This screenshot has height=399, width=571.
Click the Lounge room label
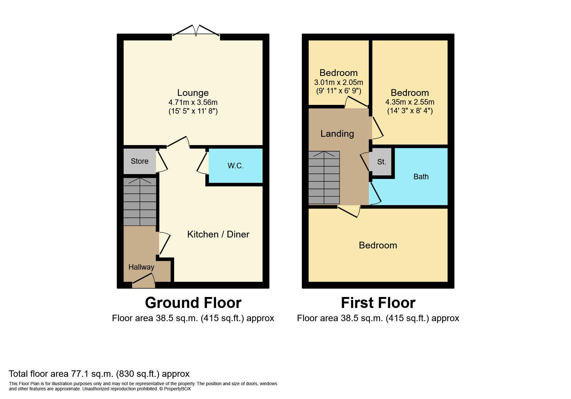[x=193, y=93]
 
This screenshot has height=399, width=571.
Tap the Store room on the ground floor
[x=140, y=161]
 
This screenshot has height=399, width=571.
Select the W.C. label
[x=235, y=166]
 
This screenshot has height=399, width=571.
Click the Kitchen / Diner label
[x=218, y=234]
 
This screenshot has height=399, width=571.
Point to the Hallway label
[x=141, y=267]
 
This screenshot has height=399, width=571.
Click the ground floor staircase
[x=140, y=201]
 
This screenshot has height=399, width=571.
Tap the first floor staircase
[x=324, y=177]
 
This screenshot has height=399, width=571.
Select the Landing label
[x=337, y=134]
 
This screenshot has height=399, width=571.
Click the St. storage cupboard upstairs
[x=381, y=162]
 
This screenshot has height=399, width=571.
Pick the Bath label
[x=421, y=177]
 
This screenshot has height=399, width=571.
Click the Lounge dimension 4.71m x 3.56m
[x=193, y=102]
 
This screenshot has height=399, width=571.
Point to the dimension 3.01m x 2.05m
[x=339, y=82]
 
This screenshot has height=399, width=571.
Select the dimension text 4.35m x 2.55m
[x=410, y=102]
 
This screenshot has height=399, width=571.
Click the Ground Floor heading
[x=193, y=303]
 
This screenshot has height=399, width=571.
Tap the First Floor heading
[x=378, y=303]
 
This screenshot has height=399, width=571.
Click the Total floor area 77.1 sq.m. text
[x=99, y=374]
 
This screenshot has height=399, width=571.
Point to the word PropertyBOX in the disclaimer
[x=177, y=389]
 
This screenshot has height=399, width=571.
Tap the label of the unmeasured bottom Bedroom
[x=378, y=246]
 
